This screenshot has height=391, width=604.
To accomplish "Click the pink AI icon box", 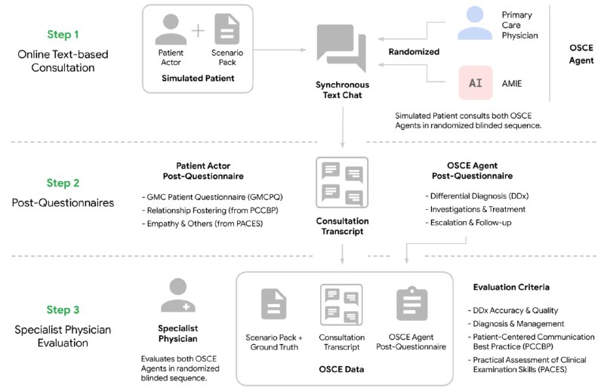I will point(475,82).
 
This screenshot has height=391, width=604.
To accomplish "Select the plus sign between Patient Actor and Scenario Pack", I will point(198,31).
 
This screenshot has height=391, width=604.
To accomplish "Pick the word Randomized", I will point(414,52).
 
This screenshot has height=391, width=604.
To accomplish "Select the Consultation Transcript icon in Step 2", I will point(342,183).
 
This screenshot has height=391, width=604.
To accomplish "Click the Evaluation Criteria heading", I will point(510,288).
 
